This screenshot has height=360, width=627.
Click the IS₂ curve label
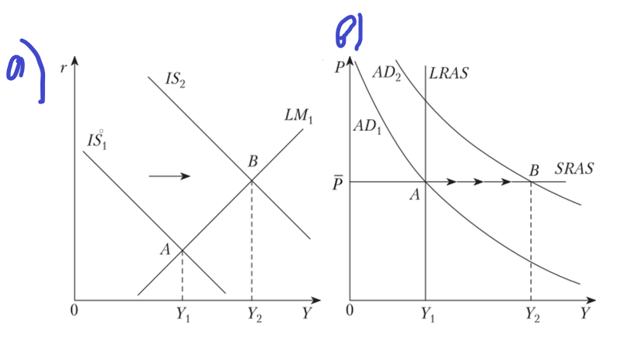coord(175,79)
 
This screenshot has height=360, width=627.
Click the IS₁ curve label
coord(97,141)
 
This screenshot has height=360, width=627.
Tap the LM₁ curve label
coord(298,116)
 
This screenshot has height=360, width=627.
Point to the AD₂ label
coord(387,73)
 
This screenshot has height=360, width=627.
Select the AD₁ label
coord(367,127)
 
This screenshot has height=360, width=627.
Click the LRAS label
coord(448,73)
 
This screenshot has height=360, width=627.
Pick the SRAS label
coord(574,169)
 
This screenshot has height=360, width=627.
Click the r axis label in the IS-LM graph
coord(63,68)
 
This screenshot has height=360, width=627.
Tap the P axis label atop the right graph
coord(340,67)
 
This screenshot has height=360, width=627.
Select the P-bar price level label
coord(337,183)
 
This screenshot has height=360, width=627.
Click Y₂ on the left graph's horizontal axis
coord(254,314)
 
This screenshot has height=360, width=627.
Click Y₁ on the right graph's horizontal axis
coord(427,314)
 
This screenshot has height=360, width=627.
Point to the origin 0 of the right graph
coord(350,310)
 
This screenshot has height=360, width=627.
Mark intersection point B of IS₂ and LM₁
coord(252,181)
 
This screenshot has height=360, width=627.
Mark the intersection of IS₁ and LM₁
coord(183,250)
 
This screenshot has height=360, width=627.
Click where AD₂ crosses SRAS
coord(531,182)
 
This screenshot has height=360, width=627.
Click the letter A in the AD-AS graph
coord(415,195)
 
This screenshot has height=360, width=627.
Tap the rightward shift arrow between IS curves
coord(169,176)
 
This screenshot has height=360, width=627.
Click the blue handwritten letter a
coord(16,67)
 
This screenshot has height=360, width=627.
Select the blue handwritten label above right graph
coord(350,31)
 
